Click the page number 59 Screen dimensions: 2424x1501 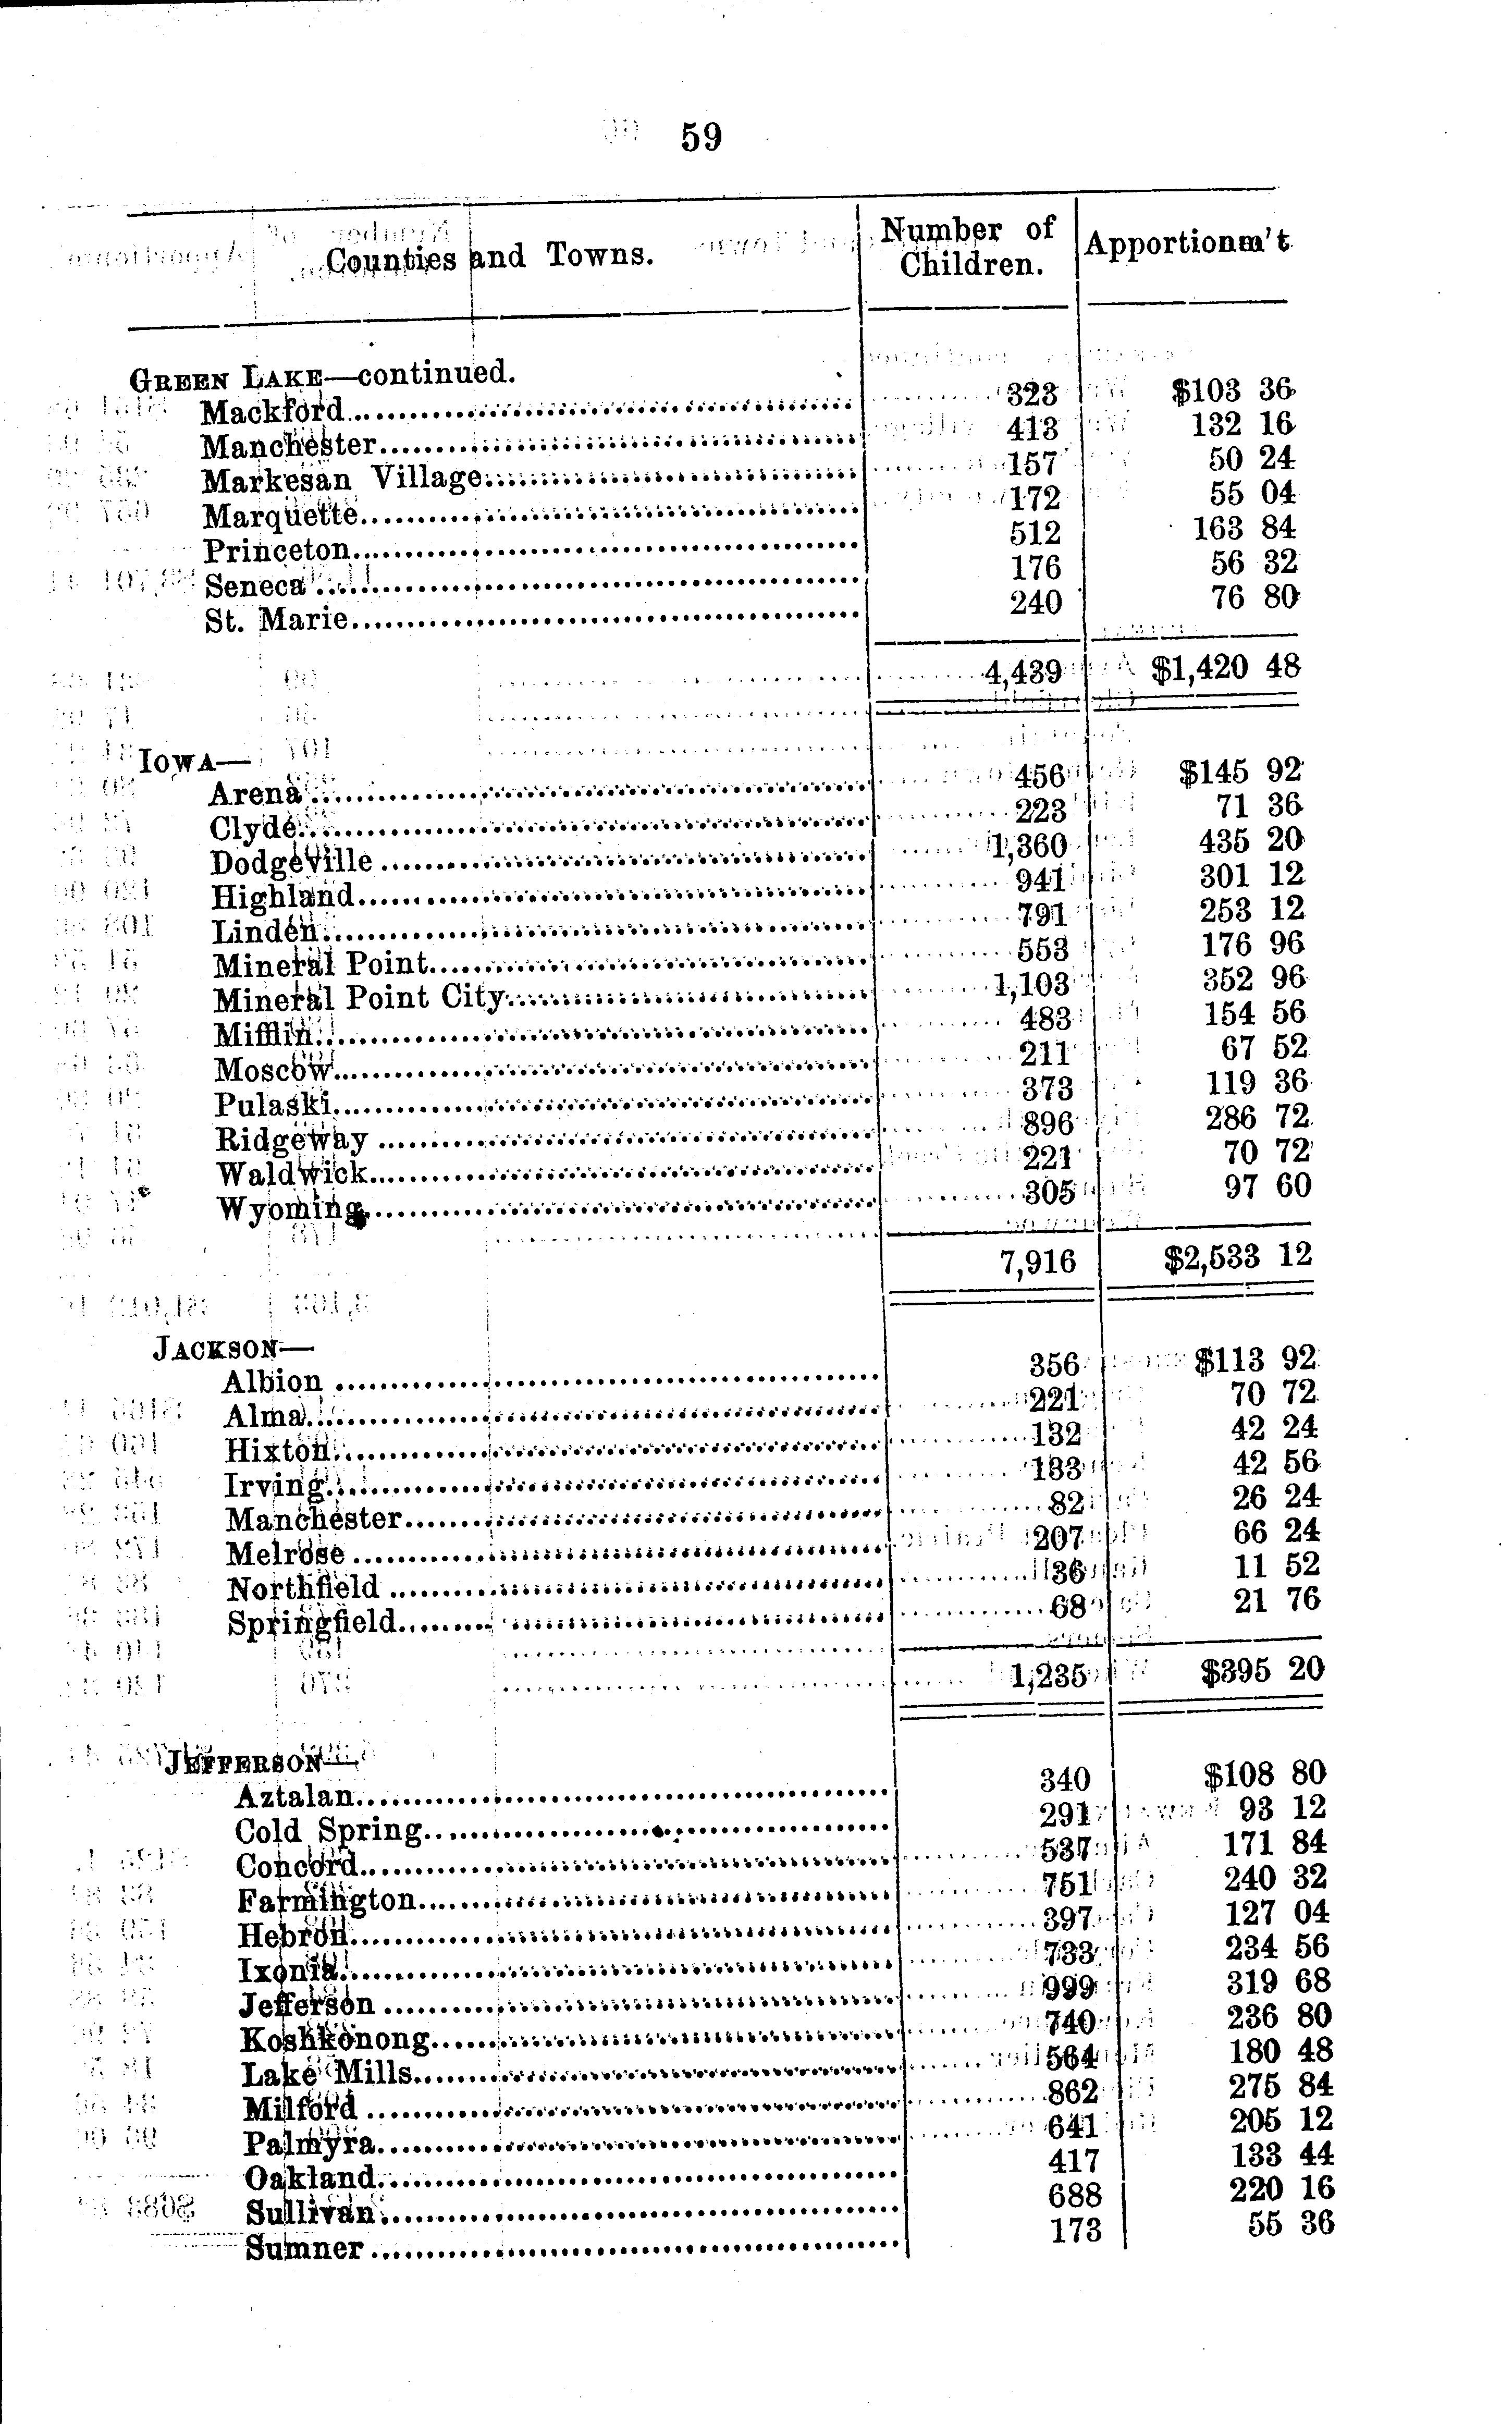coord(701,137)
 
